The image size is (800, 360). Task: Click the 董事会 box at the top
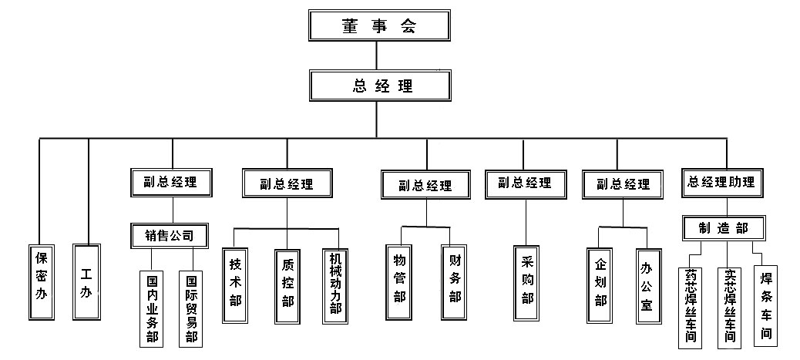tap(378, 25)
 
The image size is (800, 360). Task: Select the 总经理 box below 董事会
tap(378, 86)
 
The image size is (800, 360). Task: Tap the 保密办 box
tap(42, 283)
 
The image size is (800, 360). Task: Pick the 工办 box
tap(86, 282)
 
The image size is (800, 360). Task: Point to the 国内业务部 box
tap(152, 308)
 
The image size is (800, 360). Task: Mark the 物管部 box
tap(398, 283)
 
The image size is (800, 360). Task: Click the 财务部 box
tap(455, 283)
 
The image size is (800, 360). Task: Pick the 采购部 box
tap(527, 283)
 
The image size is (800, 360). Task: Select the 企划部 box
tap(600, 283)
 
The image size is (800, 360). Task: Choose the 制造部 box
tap(723, 228)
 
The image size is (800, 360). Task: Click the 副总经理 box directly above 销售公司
tap(170, 183)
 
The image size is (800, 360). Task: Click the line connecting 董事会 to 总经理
tap(377, 56)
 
